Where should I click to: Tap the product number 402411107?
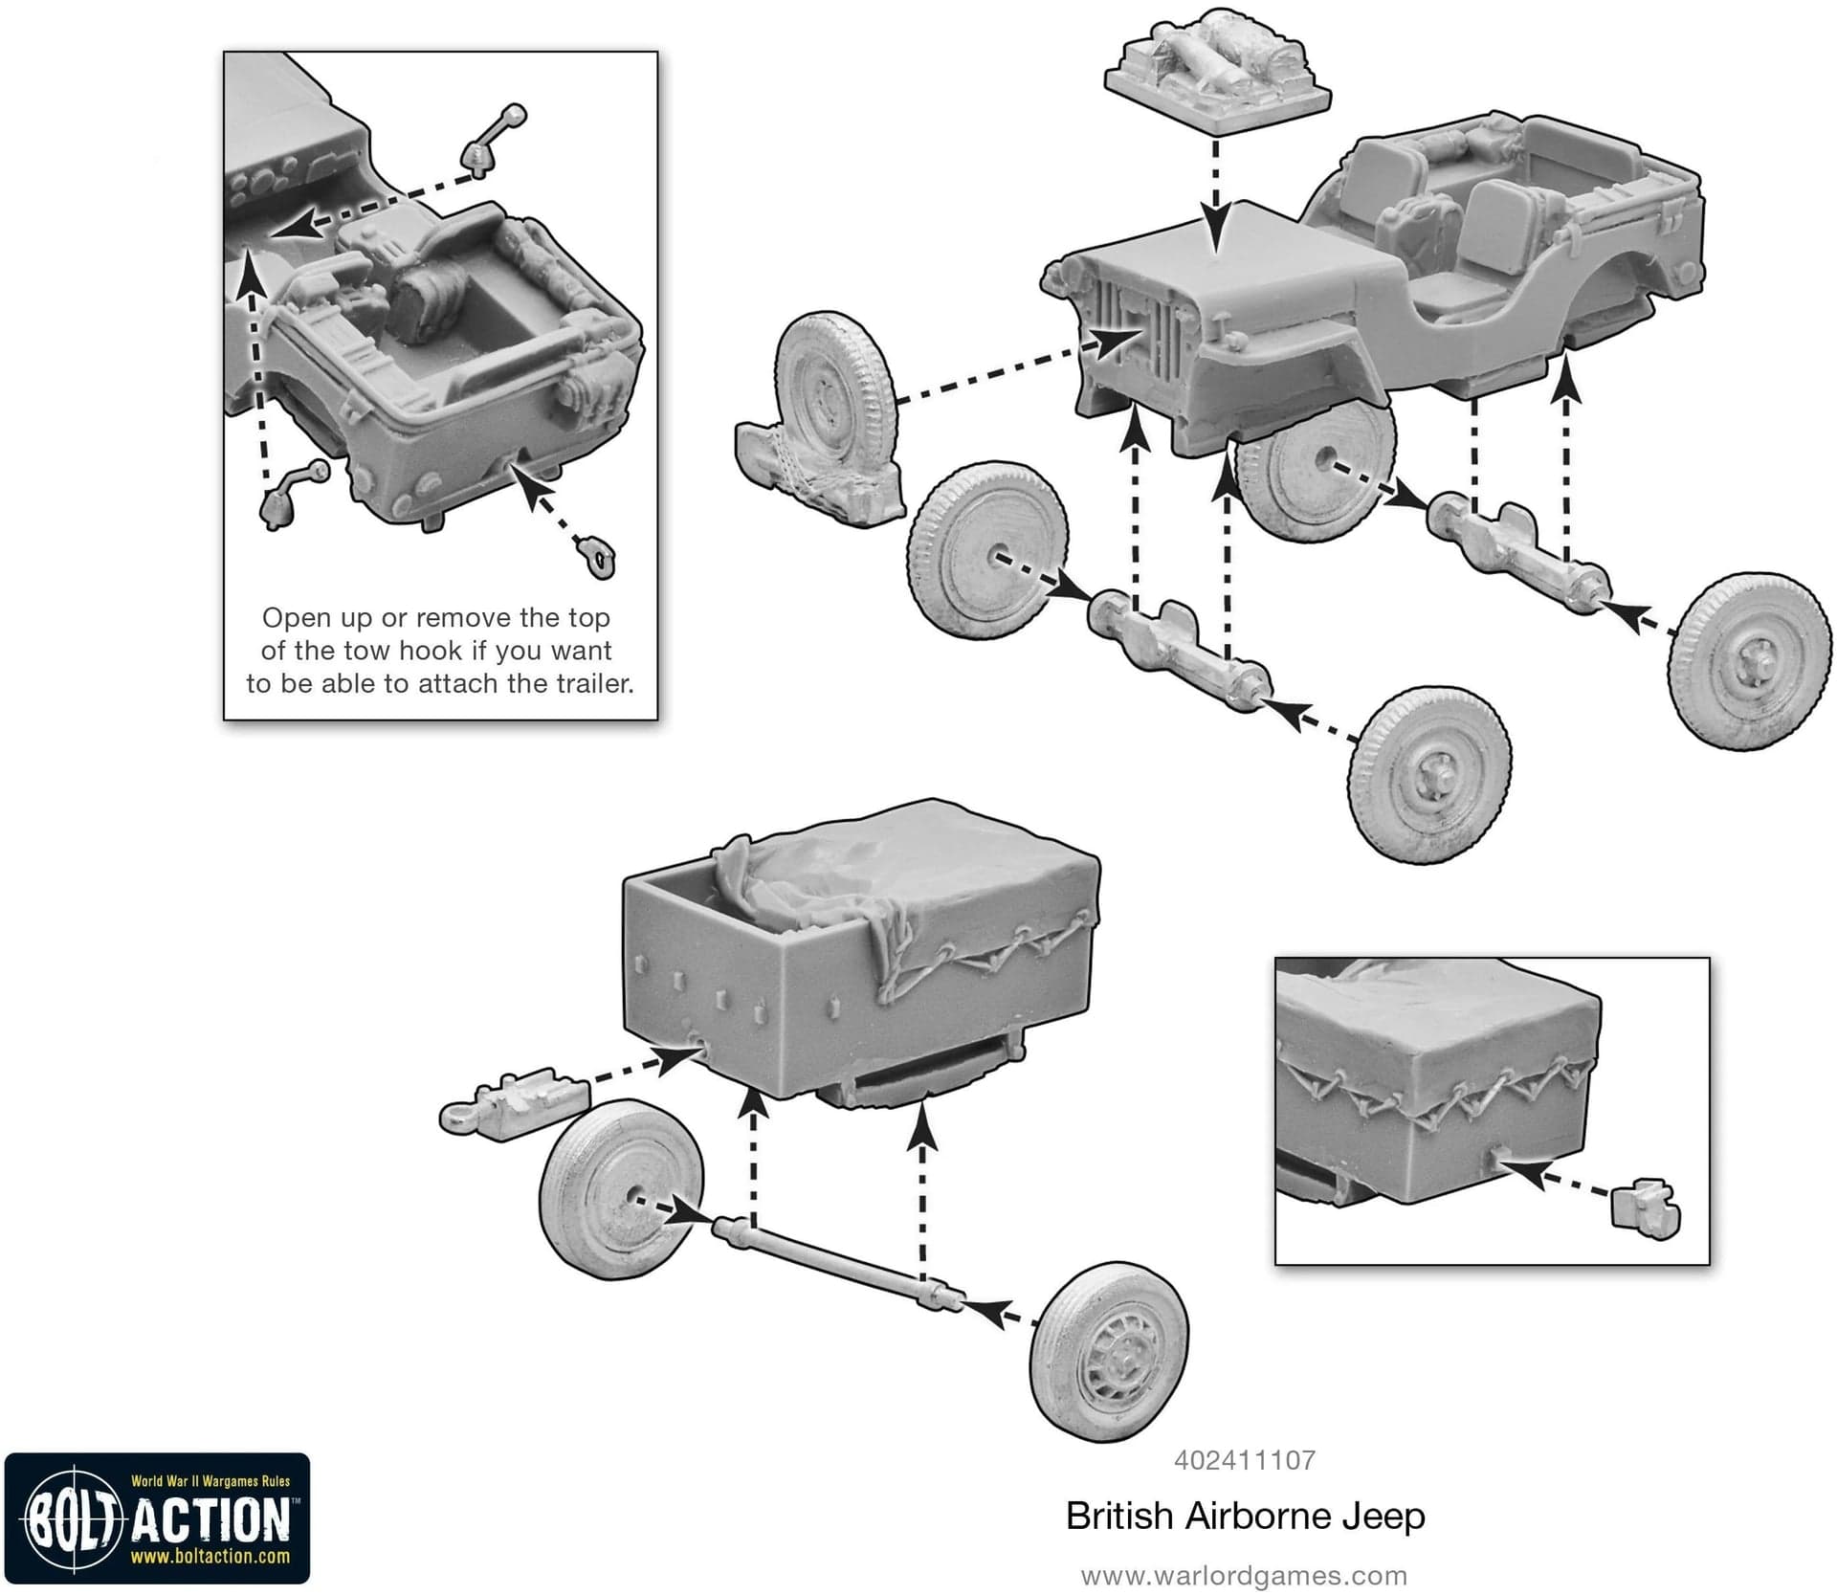[1245, 1460]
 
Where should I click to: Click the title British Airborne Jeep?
[1246, 1517]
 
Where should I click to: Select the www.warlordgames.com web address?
[1244, 1576]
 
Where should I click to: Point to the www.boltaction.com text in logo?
[210, 1557]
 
